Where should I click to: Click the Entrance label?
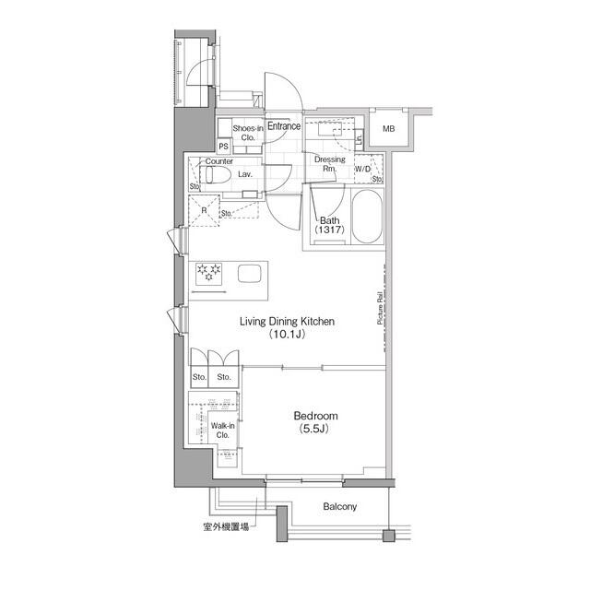tap(284, 126)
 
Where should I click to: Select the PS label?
tap(224, 146)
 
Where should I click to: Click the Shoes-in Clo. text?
tap(247, 133)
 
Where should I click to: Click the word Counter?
tap(218, 160)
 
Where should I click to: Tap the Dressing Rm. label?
tap(329, 164)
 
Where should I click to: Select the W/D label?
tap(363, 169)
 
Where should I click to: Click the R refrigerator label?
tap(204, 209)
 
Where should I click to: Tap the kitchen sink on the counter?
tap(250, 273)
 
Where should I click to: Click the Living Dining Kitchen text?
tap(286, 322)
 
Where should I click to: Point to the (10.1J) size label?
tap(286, 336)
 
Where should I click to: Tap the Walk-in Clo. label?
tap(223, 431)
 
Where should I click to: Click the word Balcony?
tap(339, 507)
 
